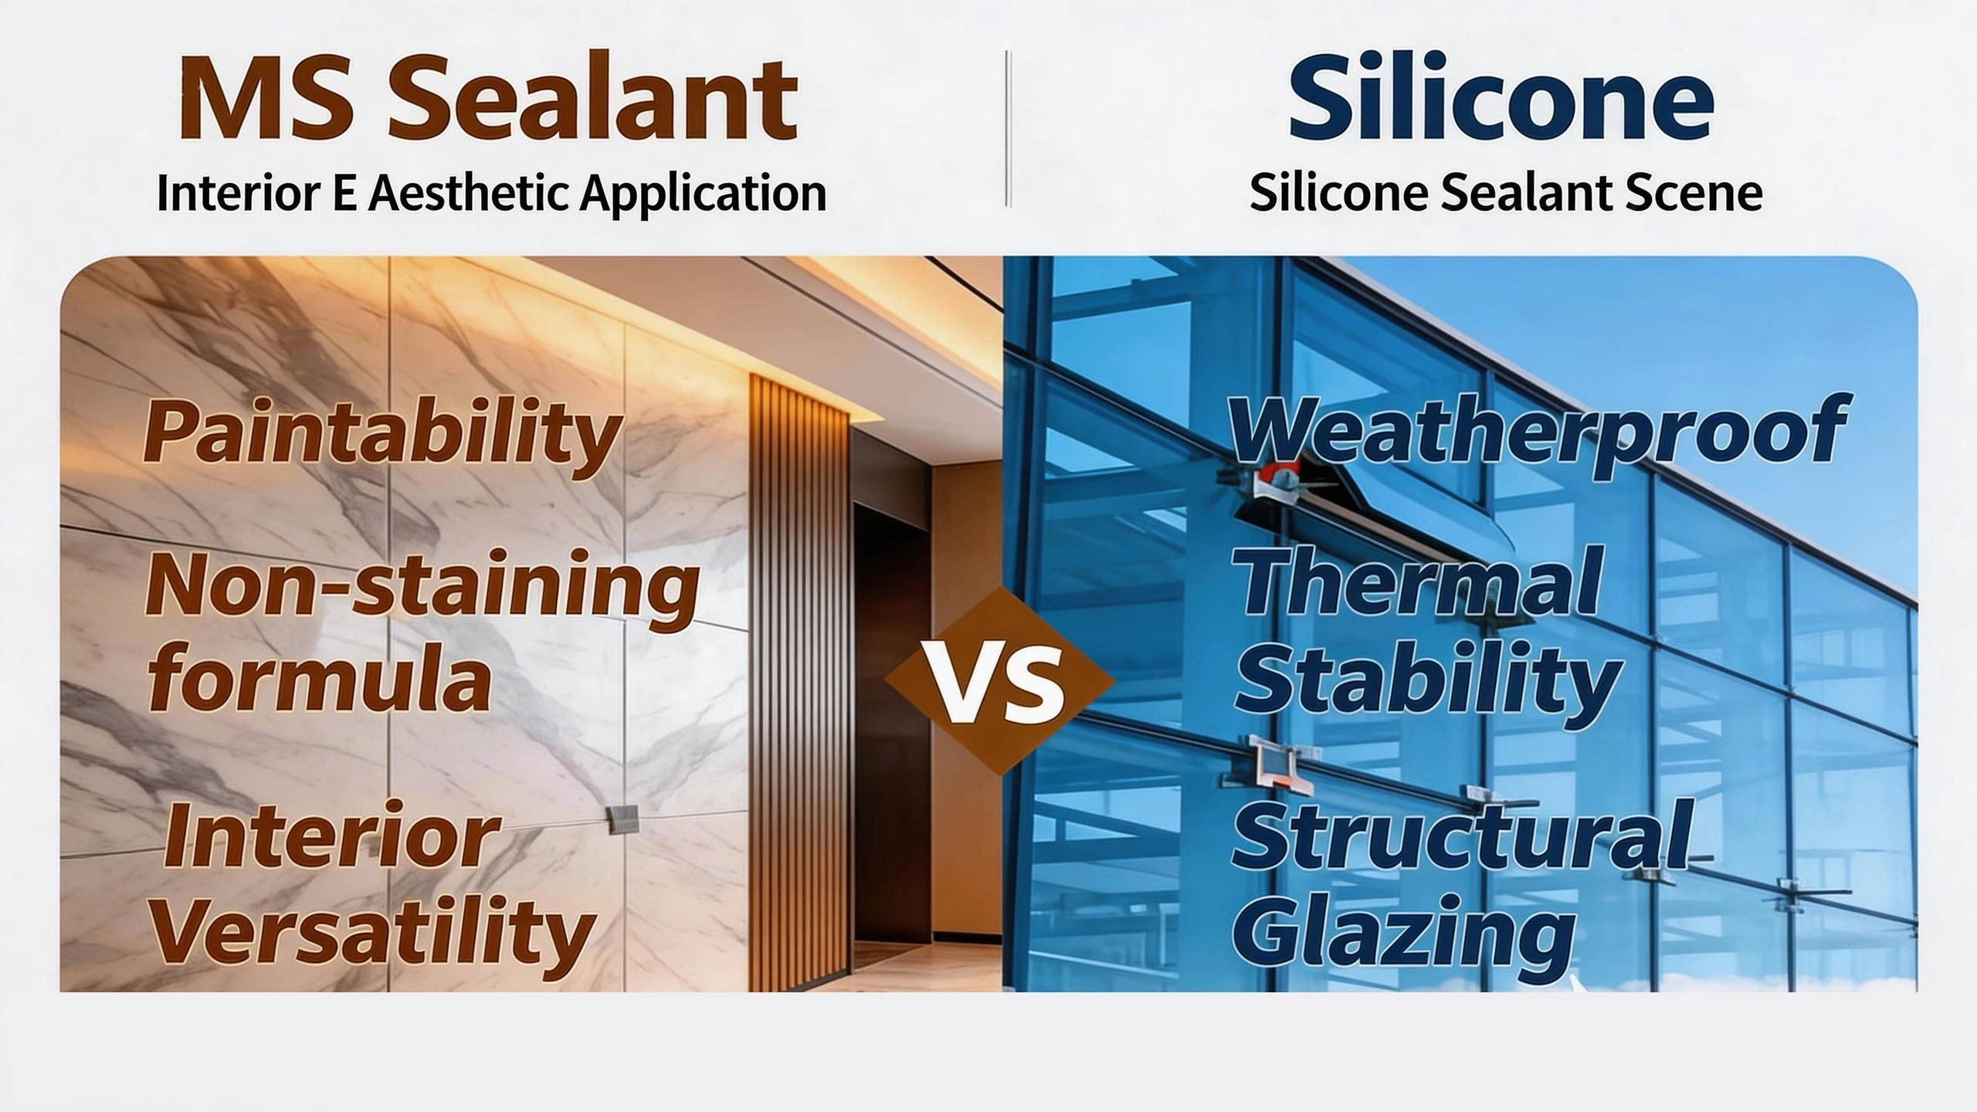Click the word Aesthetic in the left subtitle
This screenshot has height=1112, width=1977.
coord(471,193)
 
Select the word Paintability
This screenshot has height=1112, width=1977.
coord(382,432)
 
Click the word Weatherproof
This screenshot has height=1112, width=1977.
coord(1537,429)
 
